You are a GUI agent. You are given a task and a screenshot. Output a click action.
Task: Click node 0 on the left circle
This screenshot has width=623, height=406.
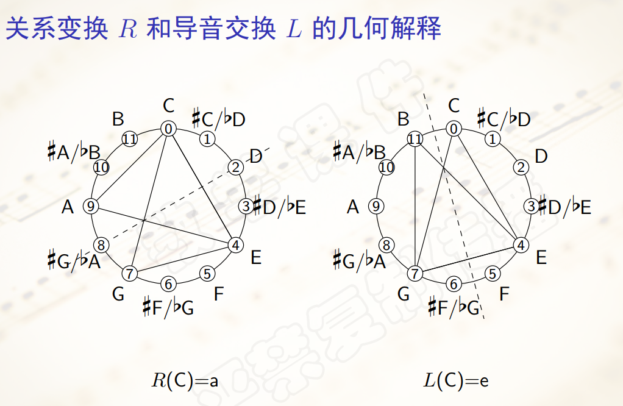pos(168,129)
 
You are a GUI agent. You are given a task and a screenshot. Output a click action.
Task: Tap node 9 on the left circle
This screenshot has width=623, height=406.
pos(91,206)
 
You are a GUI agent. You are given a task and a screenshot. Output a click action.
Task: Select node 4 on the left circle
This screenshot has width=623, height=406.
pos(235,245)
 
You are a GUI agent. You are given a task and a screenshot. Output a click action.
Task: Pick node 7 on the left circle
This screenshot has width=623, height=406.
pos(129,272)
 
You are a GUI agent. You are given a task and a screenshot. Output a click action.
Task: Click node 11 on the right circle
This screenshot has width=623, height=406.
pos(415,140)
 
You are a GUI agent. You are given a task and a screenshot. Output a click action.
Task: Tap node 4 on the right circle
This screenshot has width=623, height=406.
pos(520,245)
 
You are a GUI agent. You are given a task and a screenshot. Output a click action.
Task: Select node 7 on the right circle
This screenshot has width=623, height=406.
pos(415,273)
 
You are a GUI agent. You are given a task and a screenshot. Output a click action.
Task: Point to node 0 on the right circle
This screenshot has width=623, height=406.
pos(454,129)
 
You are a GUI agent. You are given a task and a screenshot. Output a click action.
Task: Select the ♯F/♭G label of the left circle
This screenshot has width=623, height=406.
pos(168,307)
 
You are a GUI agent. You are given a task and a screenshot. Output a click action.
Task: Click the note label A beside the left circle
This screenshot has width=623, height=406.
pos(68,207)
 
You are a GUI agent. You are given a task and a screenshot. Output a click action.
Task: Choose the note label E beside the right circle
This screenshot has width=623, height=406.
pos(541,257)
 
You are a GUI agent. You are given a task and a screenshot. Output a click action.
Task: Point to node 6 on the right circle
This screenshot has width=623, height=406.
pos(454,283)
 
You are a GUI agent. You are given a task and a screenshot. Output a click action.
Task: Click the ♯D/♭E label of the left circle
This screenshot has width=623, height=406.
pos(279,207)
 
